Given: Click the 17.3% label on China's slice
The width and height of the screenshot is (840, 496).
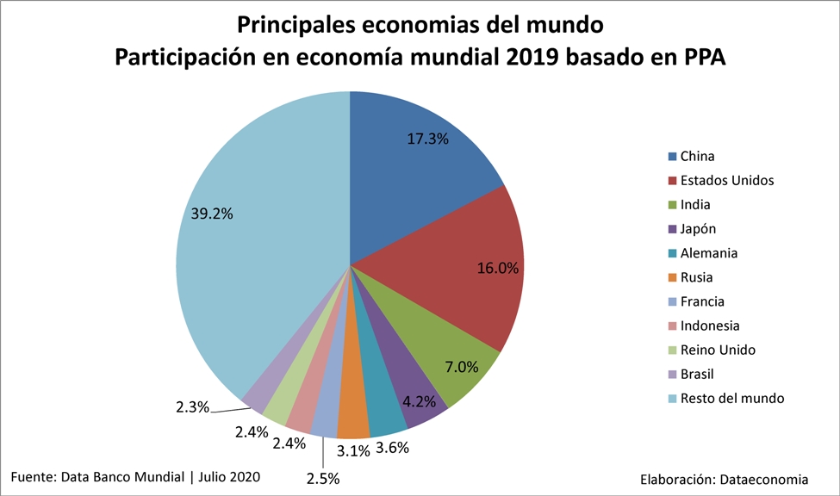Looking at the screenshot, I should click(426, 138).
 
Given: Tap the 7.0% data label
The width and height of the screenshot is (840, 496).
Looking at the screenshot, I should click(461, 367).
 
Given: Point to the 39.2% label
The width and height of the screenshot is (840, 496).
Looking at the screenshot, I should click(212, 214).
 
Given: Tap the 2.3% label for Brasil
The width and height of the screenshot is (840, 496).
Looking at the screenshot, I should click(190, 407).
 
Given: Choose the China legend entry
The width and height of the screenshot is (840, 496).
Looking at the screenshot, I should click(697, 156).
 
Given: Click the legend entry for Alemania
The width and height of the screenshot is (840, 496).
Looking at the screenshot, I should click(708, 253).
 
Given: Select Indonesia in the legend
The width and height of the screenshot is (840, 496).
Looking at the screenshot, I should click(710, 325).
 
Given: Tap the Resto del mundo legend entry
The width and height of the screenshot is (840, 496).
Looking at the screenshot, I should click(731, 398).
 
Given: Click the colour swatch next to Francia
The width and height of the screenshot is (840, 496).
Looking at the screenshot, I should click(672, 302).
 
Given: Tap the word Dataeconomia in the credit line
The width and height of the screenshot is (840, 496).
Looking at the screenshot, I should click(767, 479).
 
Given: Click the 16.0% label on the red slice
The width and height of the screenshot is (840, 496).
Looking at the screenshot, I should click(498, 268).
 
